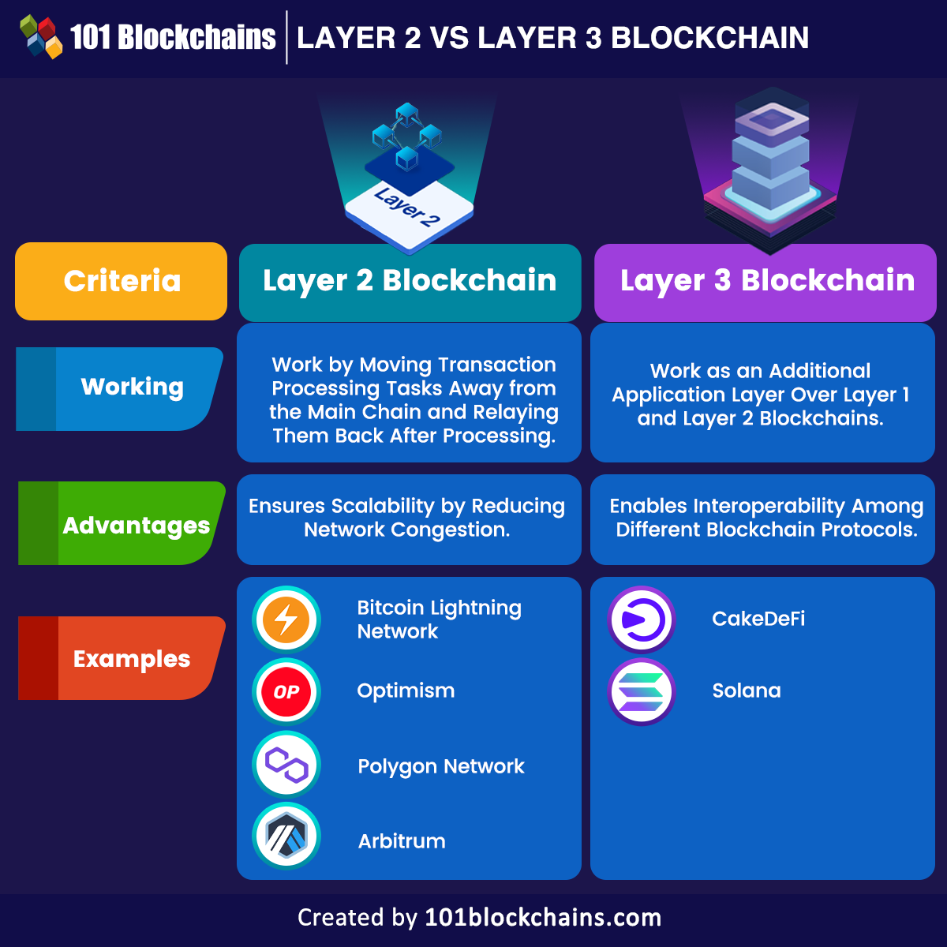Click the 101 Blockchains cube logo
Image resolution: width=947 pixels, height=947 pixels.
[x=41, y=37]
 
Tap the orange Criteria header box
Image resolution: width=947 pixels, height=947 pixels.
[x=122, y=281]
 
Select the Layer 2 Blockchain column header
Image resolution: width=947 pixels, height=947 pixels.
[x=410, y=281]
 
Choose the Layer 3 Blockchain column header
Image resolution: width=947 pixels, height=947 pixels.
[x=766, y=281]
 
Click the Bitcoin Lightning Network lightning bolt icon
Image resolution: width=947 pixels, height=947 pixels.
[x=286, y=619]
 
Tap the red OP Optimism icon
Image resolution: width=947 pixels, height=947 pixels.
[x=286, y=692]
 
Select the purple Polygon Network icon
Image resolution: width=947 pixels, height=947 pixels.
[x=286, y=765]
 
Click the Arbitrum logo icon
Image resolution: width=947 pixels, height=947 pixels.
[x=286, y=837]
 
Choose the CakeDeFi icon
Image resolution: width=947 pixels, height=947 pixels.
[x=642, y=619]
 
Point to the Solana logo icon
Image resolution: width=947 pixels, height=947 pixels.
[x=642, y=692]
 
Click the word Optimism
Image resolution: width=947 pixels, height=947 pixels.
[x=406, y=691]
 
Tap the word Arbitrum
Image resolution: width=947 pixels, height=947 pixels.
[x=402, y=841]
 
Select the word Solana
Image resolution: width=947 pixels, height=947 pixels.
[x=747, y=691]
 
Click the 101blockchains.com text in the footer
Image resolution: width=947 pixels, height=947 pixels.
[x=543, y=918]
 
